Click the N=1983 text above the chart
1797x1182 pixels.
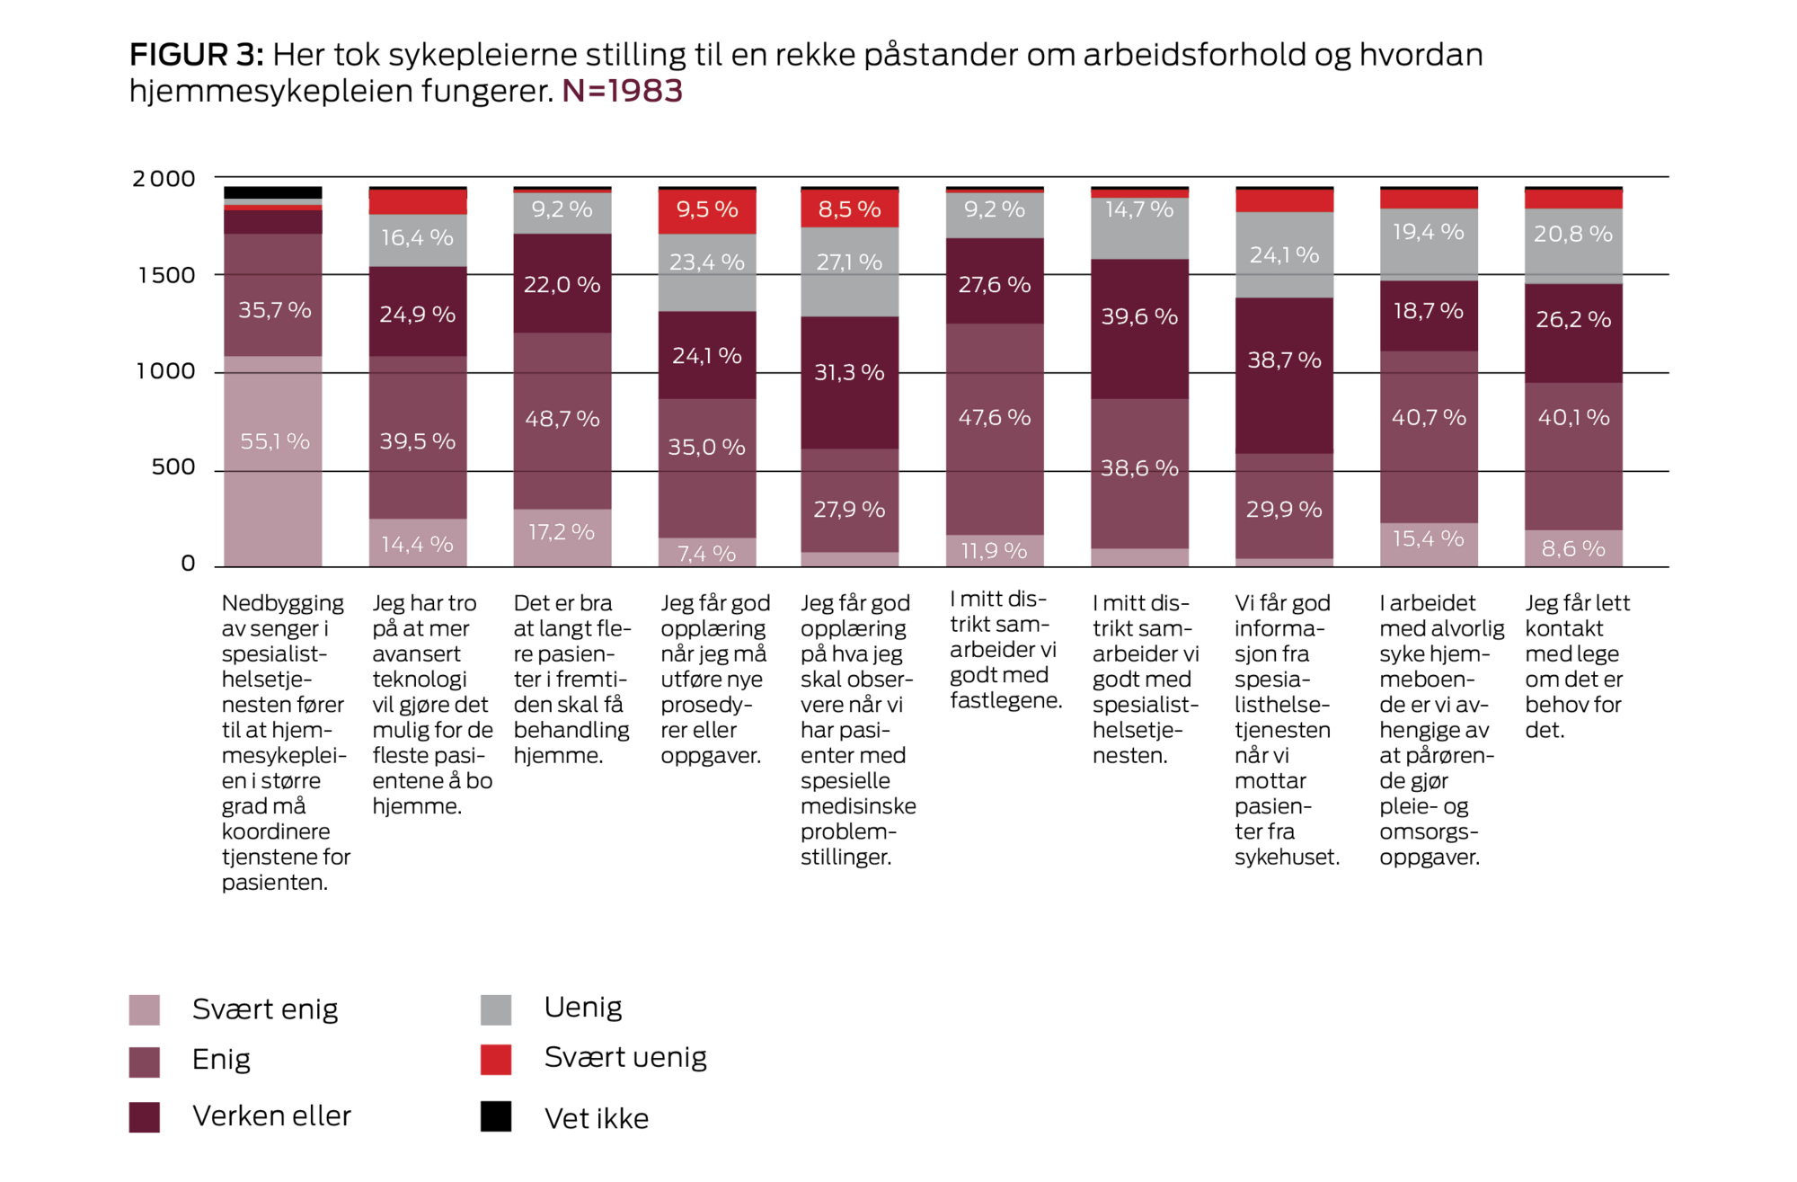point(622,91)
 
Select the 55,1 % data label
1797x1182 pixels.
point(274,441)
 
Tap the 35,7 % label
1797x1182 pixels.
point(274,310)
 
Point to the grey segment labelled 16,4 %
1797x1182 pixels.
point(417,238)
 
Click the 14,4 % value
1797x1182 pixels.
point(417,544)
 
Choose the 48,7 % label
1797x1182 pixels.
point(562,419)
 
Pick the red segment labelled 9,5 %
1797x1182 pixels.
point(707,210)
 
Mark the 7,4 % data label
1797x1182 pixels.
point(706,554)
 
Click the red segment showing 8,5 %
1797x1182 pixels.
point(849,209)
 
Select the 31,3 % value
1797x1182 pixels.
point(849,372)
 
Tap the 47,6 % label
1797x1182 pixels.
point(994,417)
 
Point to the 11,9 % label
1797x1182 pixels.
point(994,550)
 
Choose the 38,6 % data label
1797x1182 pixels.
point(1139,467)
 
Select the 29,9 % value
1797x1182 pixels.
point(1284,510)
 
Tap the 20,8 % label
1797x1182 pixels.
point(1573,234)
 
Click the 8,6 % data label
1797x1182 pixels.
point(1573,548)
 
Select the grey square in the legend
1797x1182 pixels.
point(496,1009)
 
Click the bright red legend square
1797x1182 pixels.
point(496,1060)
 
